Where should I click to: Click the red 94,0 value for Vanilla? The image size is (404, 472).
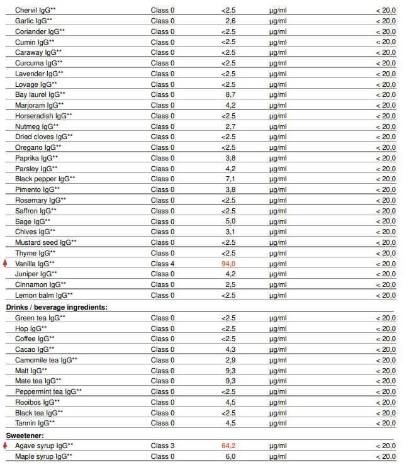pyautogui.click(x=228, y=264)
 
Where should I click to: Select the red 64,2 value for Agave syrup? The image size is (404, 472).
pyautogui.click(x=228, y=446)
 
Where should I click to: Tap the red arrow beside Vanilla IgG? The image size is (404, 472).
pyautogui.click(x=5, y=263)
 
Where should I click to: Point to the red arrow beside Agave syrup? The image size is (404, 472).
pyautogui.click(x=5, y=446)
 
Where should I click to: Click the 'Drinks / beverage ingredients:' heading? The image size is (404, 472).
pyautogui.click(x=57, y=307)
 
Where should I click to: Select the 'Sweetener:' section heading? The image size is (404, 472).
pyautogui.click(x=25, y=435)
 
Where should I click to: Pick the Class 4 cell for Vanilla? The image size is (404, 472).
pyautogui.click(x=162, y=264)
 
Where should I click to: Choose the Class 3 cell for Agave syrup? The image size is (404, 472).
pyautogui.click(x=162, y=446)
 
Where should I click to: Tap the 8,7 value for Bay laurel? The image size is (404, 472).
pyautogui.click(x=230, y=94)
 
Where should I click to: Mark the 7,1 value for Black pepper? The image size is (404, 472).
pyautogui.click(x=230, y=179)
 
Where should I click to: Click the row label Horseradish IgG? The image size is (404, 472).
pyautogui.click(x=43, y=116)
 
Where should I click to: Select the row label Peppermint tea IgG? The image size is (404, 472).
pyautogui.click(x=48, y=391)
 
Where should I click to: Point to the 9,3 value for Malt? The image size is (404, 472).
pyautogui.click(x=230, y=371)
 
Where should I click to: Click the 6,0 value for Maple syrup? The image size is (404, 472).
pyautogui.click(x=230, y=456)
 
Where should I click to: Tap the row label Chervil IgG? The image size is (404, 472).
pyautogui.click(x=35, y=10)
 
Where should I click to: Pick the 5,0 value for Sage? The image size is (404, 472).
pyautogui.click(x=230, y=222)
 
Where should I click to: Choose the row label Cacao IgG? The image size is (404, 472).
pyautogui.click(x=33, y=349)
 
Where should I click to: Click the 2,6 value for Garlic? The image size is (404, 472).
pyautogui.click(x=230, y=21)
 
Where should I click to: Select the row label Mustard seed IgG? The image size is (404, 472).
pyautogui.click(x=46, y=242)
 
